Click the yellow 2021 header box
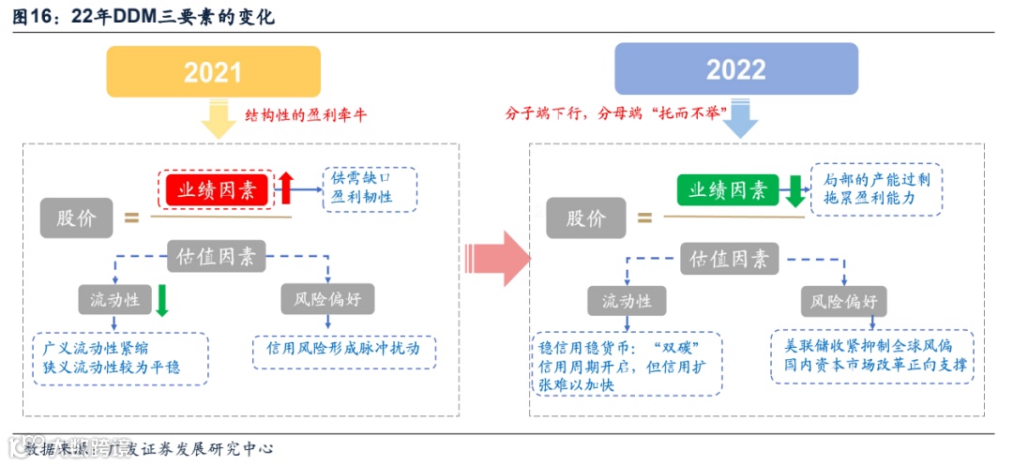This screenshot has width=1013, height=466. (x=213, y=72)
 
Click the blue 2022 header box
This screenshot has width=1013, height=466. (x=735, y=68)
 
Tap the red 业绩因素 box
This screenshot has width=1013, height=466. (x=217, y=190)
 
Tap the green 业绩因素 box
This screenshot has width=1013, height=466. (x=728, y=190)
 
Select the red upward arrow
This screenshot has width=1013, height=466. (x=287, y=187)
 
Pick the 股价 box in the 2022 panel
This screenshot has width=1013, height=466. (x=586, y=218)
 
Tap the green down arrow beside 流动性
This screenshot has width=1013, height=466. (x=160, y=299)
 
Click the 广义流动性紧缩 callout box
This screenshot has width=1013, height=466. (x=120, y=357)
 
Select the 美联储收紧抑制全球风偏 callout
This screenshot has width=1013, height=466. (x=872, y=355)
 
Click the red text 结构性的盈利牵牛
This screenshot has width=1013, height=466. (x=306, y=115)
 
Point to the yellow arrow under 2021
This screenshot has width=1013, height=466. (x=218, y=120)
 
